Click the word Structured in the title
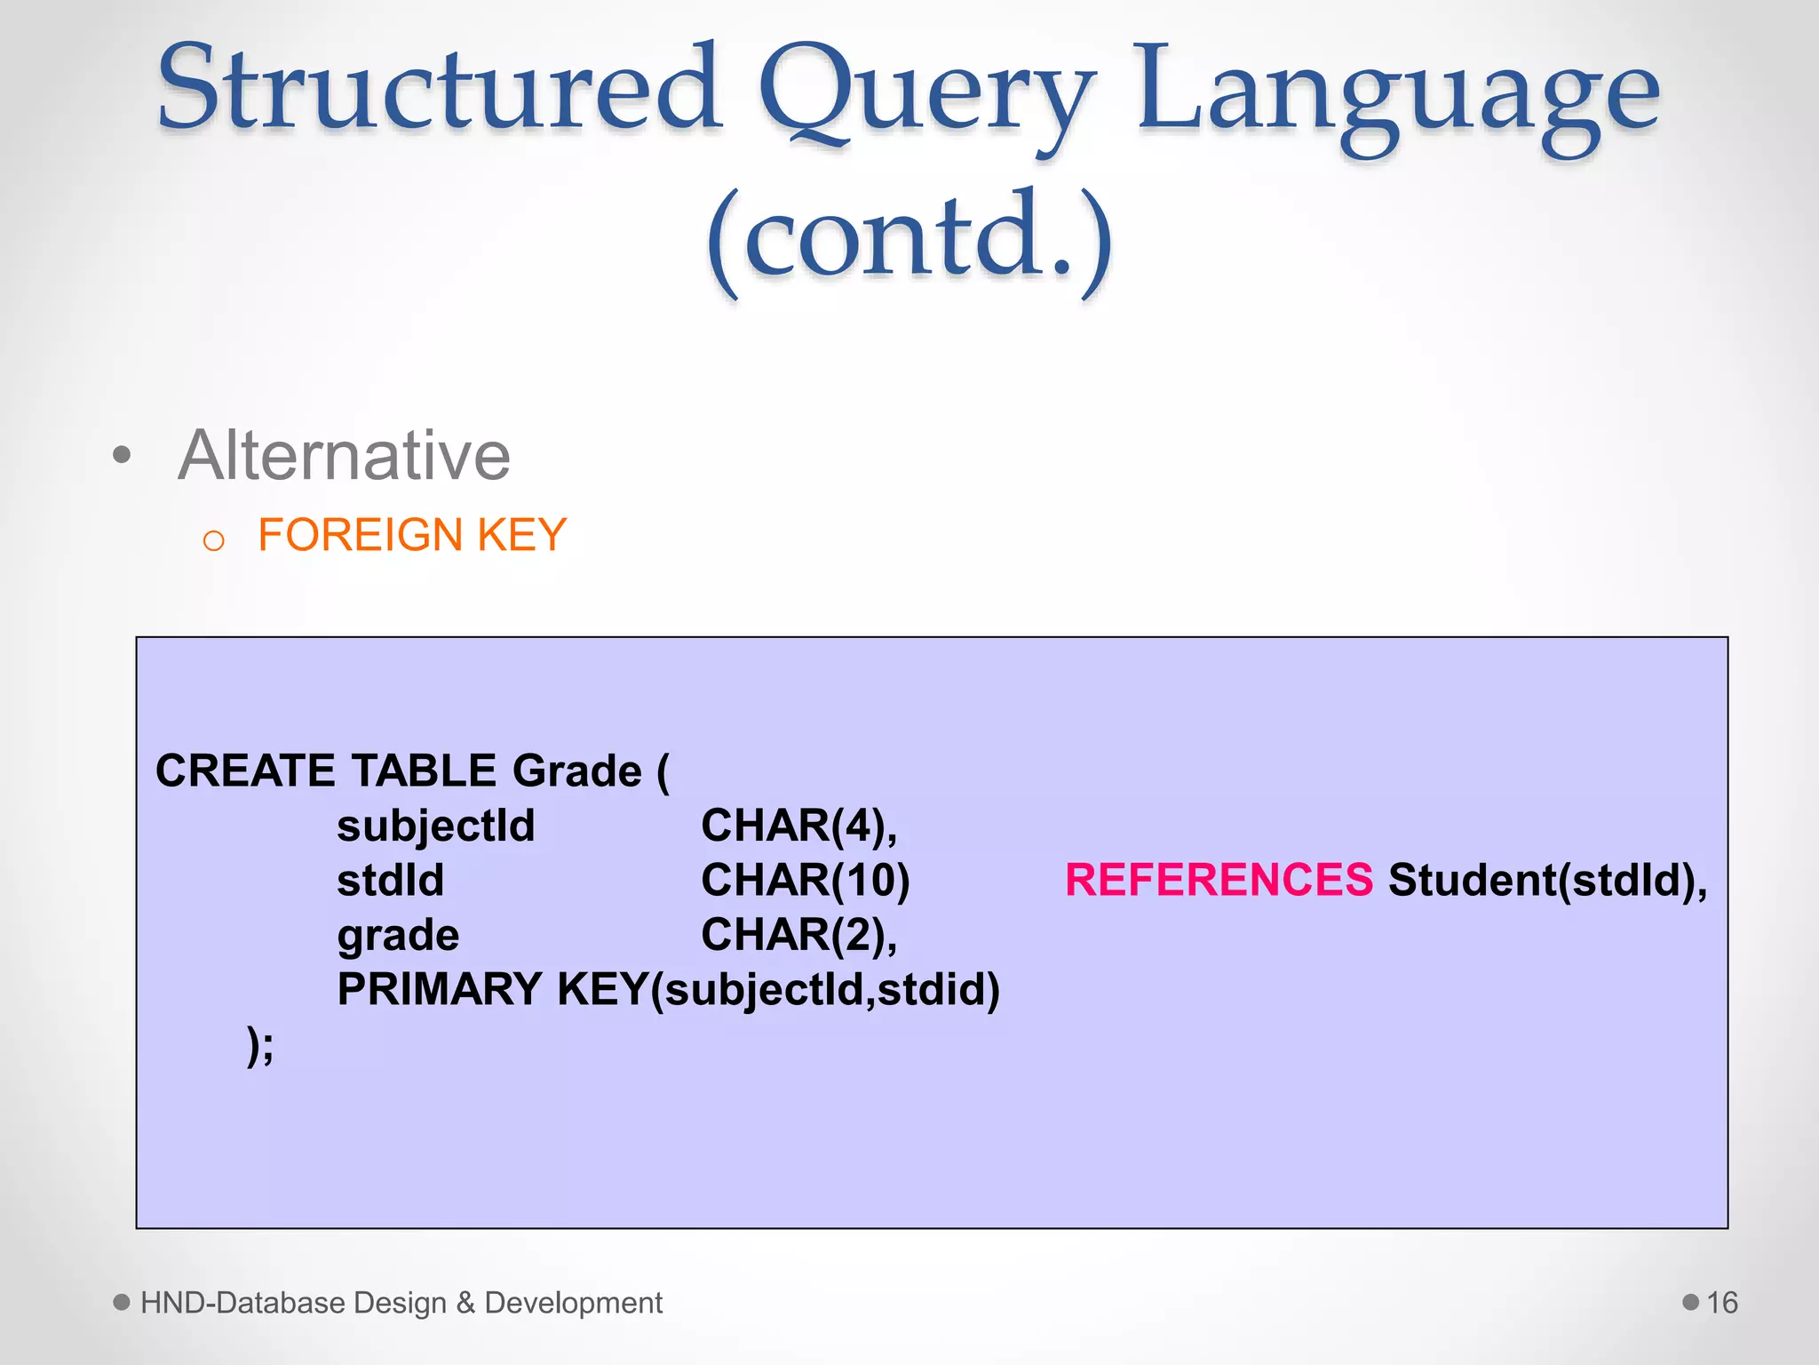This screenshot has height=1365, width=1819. click(439, 89)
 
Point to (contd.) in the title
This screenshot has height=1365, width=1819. click(909, 238)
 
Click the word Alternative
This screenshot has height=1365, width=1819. click(344, 455)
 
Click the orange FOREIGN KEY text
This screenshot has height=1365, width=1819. click(412, 535)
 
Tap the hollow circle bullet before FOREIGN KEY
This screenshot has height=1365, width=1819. click(213, 539)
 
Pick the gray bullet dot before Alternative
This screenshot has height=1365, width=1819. click(122, 456)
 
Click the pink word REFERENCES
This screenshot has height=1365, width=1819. click(1219, 880)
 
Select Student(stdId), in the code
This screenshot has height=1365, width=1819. click(1547, 880)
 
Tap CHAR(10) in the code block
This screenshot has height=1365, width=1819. click(806, 880)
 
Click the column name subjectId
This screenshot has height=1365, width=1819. click(436, 826)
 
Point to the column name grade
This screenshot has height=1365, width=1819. click(398, 935)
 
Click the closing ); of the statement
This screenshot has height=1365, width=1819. click(260, 1045)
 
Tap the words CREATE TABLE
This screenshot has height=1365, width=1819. click(326, 770)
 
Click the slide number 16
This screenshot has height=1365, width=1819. click(1721, 1303)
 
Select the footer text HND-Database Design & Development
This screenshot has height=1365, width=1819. click(401, 1303)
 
